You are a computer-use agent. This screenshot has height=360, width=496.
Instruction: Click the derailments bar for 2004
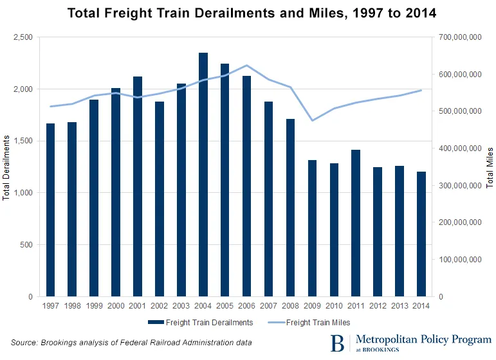(203, 174)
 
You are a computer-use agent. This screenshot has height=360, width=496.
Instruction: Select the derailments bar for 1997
(50, 210)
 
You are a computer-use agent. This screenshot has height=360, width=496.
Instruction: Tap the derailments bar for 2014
(421, 234)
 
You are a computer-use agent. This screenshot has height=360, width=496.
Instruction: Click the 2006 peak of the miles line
(246, 66)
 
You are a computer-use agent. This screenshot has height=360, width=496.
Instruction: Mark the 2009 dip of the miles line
(312, 120)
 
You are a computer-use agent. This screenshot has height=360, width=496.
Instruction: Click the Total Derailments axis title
(6, 167)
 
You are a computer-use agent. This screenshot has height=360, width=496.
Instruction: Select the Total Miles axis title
(490, 167)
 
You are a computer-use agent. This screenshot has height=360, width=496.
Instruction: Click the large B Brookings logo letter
(336, 342)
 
